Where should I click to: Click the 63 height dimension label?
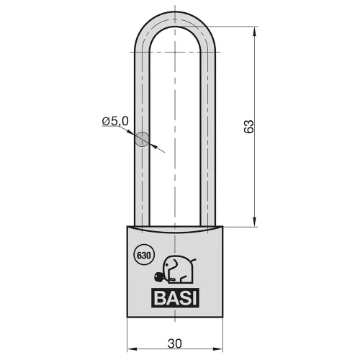click(x=248, y=127)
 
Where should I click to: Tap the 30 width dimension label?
click(x=175, y=343)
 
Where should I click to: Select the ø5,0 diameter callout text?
click(x=115, y=121)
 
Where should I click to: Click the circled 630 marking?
click(x=144, y=255)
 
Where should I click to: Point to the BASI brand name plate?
click(x=175, y=298)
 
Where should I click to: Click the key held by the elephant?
click(x=160, y=278)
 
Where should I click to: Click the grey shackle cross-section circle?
click(x=142, y=139)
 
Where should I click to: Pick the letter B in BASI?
click(x=159, y=298)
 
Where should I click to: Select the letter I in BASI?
click(x=194, y=298)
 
